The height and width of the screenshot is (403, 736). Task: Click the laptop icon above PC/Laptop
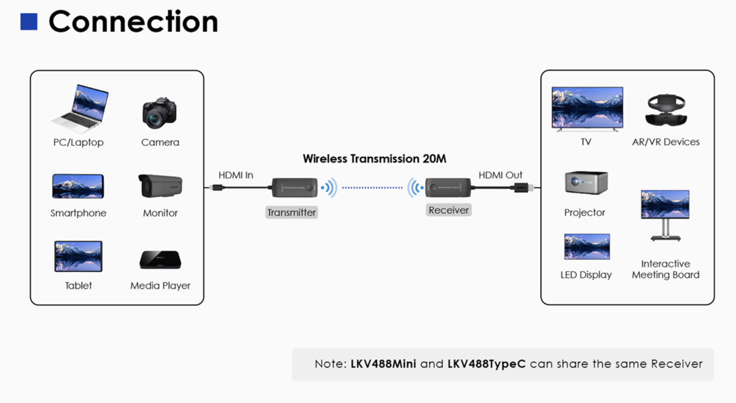click(80, 108)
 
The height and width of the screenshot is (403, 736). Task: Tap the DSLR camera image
click(160, 112)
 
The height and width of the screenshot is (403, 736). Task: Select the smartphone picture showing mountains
click(78, 186)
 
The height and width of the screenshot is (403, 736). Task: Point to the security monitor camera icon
click(160, 186)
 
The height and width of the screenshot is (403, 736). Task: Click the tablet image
click(78, 256)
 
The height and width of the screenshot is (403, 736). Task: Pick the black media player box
click(160, 260)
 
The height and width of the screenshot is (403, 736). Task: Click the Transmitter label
click(292, 213)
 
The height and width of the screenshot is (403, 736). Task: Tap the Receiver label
click(449, 210)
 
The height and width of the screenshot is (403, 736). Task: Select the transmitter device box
click(295, 188)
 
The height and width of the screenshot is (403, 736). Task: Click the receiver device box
click(448, 188)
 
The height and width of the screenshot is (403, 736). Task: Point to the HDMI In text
click(236, 175)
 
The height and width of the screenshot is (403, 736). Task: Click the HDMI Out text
click(500, 175)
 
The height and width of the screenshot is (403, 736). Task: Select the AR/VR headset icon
click(666, 110)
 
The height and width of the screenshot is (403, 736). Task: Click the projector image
click(586, 182)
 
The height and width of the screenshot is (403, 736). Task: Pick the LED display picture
click(587, 246)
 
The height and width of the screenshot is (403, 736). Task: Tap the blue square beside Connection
click(29, 22)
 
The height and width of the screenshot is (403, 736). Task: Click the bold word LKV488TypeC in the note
click(486, 364)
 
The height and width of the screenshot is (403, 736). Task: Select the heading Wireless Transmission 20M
click(375, 159)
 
